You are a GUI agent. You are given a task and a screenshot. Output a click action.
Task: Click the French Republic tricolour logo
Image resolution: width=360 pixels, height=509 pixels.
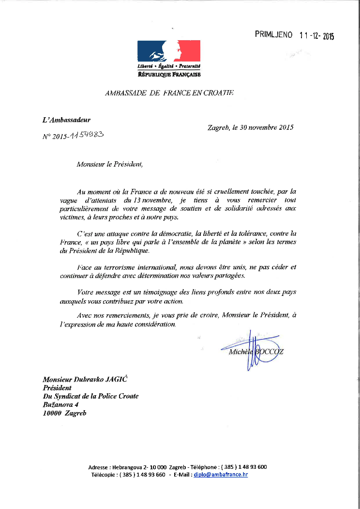pyautogui.click(x=169, y=51)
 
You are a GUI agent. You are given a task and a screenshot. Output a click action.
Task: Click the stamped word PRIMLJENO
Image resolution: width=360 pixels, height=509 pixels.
pyautogui.click(x=274, y=34)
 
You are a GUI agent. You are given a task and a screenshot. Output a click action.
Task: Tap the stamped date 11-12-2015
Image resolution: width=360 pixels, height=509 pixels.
pyautogui.click(x=317, y=35)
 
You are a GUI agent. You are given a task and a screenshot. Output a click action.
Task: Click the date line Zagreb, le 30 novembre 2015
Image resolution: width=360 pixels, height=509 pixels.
pyautogui.click(x=250, y=128)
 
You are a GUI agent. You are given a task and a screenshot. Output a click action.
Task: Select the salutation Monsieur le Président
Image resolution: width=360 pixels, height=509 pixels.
pyautogui.click(x=109, y=164)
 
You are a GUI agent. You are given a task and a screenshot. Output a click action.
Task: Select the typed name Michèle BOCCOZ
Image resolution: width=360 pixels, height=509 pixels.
pyautogui.click(x=255, y=351)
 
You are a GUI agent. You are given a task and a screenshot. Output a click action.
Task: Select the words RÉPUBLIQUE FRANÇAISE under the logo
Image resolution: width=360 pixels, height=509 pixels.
pyautogui.click(x=169, y=75)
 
